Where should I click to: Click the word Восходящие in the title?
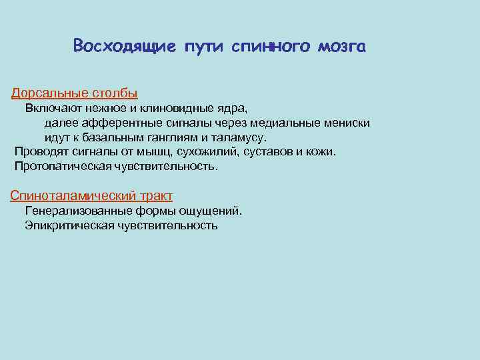coord(125,47)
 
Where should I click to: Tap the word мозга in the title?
coord(342,47)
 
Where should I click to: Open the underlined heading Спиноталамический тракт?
coord(91,195)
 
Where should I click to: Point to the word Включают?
coord(51,107)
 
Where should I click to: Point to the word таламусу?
coord(239,137)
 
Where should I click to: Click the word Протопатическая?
coord(59,166)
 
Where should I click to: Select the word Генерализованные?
coord(77,211)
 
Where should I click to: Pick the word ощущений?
coord(215,211)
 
